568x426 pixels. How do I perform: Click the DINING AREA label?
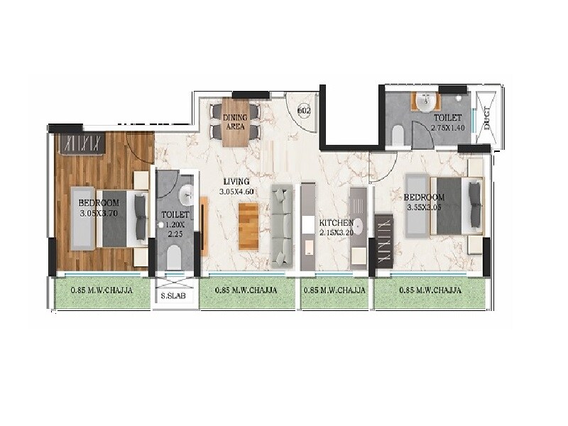234,121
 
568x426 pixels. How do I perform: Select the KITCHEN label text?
336,223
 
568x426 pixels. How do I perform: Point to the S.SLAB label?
173,296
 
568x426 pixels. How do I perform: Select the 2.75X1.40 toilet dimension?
447,128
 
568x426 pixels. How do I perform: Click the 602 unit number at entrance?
303,110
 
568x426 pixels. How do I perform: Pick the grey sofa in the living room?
283,222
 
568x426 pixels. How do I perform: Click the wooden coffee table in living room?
248,226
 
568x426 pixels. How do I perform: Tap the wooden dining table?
234,121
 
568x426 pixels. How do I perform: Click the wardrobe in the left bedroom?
82,143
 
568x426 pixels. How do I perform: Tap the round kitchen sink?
357,226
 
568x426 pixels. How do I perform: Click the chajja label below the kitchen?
334,290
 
